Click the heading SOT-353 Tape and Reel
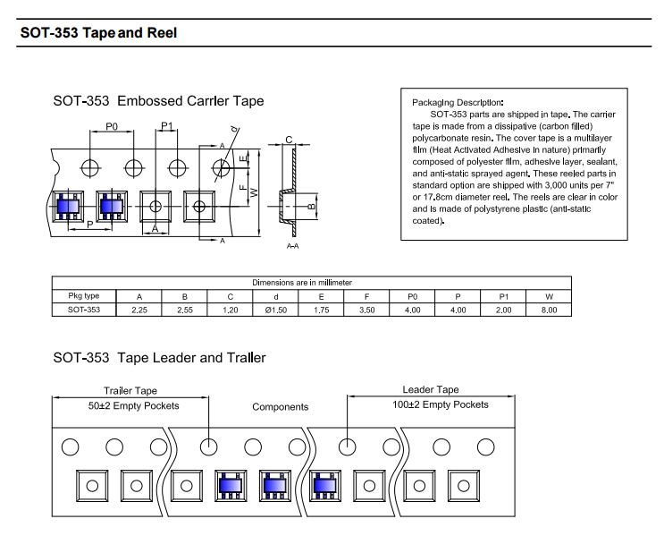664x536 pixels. (98, 32)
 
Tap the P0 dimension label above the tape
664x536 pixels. (112, 127)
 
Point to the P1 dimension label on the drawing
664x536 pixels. (167, 126)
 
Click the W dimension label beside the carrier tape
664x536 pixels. (254, 192)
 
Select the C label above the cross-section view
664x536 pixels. (289, 140)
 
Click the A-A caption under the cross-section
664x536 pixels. (292, 246)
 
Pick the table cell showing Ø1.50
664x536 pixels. (275, 310)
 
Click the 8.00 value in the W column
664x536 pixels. (549, 310)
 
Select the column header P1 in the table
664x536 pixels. (503, 297)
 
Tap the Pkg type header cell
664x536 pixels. (83, 295)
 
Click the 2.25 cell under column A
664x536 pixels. (139, 310)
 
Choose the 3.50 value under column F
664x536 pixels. (366, 310)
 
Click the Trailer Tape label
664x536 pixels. (130, 390)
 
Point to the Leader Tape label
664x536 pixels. (430, 389)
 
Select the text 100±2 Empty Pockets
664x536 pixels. (441, 404)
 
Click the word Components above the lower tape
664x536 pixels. (281, 407)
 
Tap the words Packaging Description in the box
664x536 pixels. (458, 102)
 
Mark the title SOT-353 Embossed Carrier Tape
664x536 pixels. (158, 101)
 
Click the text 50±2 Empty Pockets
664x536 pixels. (133, 406)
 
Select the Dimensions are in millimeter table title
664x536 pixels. (302, 283)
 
